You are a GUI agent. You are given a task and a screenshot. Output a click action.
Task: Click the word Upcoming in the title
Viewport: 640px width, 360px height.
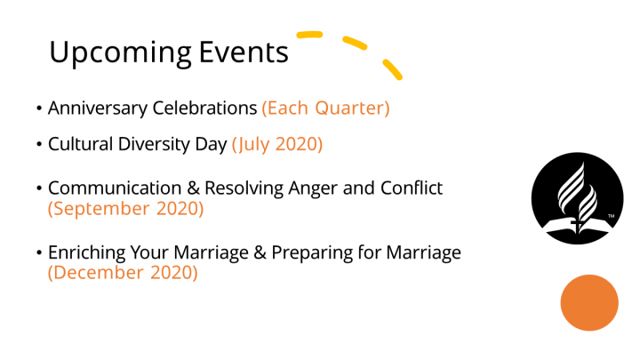120,53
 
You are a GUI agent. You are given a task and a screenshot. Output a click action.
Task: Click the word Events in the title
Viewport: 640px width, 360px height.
244,52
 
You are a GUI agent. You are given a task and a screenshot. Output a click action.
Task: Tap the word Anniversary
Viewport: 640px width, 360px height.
98,108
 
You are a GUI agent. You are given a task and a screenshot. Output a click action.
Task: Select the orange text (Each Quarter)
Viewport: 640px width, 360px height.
325,108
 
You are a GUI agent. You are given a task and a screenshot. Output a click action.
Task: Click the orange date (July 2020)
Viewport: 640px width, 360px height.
277,144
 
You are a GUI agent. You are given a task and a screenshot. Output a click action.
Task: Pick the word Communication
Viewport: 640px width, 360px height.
115,188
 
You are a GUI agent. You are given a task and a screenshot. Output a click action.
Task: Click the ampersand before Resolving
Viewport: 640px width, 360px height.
193,188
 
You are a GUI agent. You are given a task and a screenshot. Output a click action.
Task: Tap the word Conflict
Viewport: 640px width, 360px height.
412,188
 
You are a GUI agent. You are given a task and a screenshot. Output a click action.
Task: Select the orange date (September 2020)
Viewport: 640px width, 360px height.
125,209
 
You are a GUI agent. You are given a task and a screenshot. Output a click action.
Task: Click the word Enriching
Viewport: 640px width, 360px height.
86,252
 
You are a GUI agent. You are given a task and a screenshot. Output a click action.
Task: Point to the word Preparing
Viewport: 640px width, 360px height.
312,252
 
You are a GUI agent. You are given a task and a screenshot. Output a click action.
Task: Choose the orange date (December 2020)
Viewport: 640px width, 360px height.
123,273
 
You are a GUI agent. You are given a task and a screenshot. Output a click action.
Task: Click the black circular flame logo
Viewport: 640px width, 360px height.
577,198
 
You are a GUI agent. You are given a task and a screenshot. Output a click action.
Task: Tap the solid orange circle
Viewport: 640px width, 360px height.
589,302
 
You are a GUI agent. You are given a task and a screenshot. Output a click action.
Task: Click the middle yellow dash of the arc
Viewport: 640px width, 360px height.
355,43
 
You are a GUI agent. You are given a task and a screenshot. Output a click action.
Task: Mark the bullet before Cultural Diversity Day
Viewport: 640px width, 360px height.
39,144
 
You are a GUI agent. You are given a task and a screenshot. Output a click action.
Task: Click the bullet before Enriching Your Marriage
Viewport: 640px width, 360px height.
39,252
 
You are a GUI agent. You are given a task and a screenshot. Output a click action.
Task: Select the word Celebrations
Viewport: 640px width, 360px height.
204,108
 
